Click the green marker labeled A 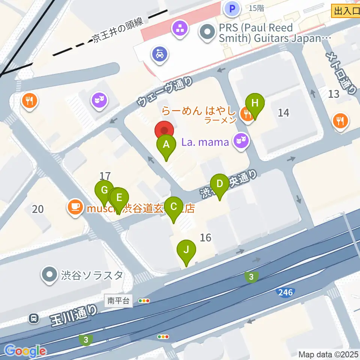(166, 145)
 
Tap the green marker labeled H (255, 103)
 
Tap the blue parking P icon (232, 8)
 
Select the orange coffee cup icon (76, 207)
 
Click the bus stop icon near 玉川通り (34, 319)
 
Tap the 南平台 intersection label (118, 300)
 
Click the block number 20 (38, 209)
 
